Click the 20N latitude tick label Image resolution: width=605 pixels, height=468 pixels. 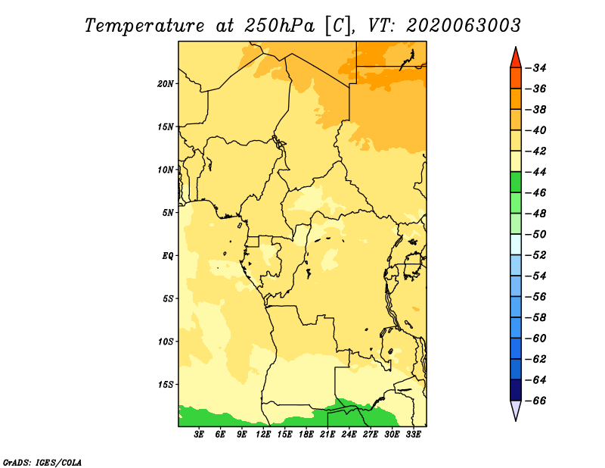tap(165, 84)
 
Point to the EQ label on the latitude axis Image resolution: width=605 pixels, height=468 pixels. tap(167, 256)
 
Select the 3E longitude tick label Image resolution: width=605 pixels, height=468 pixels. tap(199, 434)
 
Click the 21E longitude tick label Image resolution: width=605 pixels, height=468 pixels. tap(327, 434)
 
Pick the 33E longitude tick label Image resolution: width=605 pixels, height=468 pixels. tap(413, 434)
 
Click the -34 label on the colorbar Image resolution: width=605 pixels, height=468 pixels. tap(535, 68)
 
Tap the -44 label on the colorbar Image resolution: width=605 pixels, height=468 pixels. tap(535, 172)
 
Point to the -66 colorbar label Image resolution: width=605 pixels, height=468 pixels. tap(535, 401)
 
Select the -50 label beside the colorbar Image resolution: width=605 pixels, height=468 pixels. tap(535, 234)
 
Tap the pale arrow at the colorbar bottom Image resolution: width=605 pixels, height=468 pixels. tap(516, 410)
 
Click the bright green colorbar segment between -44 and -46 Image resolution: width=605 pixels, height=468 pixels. tap(516, 183)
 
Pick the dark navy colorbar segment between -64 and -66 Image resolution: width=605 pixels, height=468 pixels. tap(516, 390)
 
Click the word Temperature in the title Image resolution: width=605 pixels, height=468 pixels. tap(144, 26)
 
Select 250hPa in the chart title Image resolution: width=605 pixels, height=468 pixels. tap(280, 26)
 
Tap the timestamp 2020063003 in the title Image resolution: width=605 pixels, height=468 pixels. tap(464, 26)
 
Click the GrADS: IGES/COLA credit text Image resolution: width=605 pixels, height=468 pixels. tap(42, 463)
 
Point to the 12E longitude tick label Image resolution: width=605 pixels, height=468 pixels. tap(263, 434)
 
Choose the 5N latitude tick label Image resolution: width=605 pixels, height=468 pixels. tap(168, 213)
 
